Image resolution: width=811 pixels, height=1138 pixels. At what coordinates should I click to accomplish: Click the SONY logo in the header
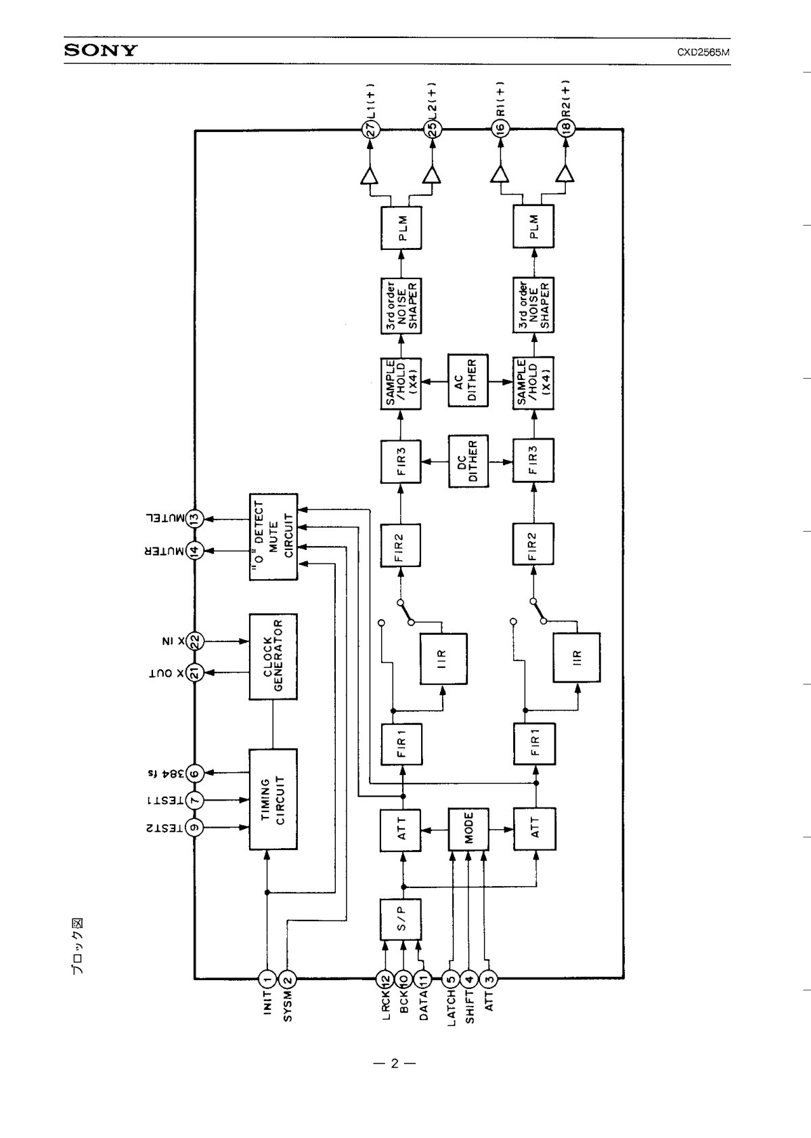pos(101,50)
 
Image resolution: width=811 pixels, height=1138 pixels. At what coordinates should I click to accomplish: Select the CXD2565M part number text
pos(703,51)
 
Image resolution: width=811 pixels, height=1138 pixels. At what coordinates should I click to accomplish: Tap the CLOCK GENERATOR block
pos(273,656)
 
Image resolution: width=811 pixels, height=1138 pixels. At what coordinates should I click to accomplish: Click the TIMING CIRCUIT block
pos(273,799)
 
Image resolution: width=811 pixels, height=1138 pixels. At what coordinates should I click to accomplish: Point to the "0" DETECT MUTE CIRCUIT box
pos(273,536)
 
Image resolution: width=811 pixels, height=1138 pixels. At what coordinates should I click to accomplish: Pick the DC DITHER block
pos(468,461)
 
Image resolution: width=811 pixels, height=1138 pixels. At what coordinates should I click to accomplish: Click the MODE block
pos(468,829)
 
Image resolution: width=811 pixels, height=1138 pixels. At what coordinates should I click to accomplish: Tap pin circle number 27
pos(371,130)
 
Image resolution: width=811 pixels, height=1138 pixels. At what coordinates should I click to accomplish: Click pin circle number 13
pos(194,519)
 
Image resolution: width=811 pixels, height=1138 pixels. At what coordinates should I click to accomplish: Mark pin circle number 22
pos(194,641)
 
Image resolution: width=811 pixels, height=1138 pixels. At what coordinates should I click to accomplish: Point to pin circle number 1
pos(267,978)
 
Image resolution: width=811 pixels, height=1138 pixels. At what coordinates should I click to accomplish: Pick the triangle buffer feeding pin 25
pos(432,175)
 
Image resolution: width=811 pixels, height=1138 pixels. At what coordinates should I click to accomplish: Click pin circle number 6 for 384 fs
pos(194,774)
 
